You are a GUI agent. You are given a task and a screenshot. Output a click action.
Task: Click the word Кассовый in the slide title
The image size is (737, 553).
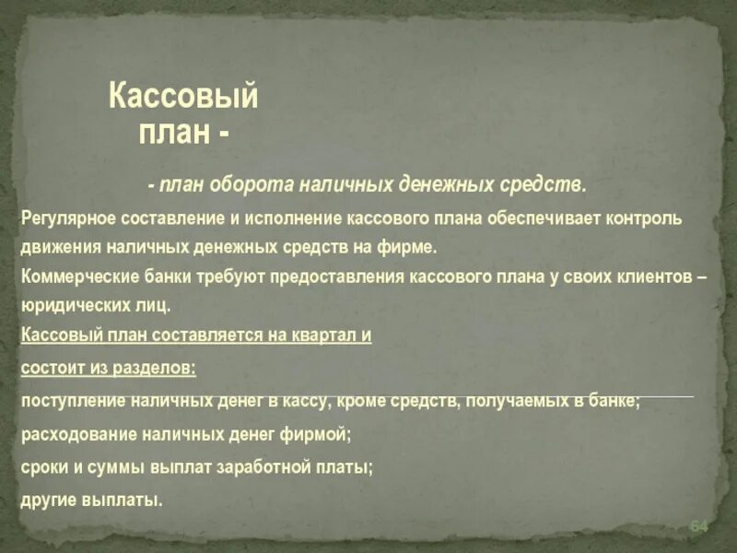pos(183,96)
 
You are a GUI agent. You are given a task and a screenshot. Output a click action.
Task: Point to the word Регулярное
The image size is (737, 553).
pos(64,220)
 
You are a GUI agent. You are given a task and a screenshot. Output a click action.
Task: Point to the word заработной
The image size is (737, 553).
pos(260,467)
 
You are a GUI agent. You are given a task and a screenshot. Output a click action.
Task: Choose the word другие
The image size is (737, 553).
pos(48,501)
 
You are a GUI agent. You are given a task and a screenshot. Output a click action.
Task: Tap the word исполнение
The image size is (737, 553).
pos(283,220)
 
